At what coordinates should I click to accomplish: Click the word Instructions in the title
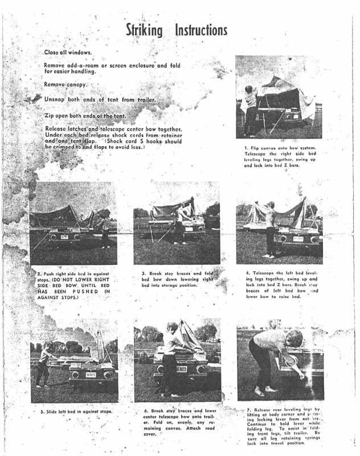pos(201,30)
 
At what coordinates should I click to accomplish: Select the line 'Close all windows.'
pos(68,52)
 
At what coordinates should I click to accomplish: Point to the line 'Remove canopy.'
pos(65,84)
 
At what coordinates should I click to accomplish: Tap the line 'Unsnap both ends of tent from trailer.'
pos(100,99)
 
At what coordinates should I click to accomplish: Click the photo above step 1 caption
pos(279,97)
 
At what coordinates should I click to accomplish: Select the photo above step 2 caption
pos(73,223)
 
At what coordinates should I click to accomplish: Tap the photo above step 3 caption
pos(177,223)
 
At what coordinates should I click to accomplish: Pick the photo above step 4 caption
pos(279,223)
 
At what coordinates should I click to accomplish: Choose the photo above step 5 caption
pos(74,360)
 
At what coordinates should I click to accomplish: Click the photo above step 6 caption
pos(177,360)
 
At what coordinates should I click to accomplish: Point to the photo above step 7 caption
pos(279,361)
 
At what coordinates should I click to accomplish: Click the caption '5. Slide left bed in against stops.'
pos(76,411)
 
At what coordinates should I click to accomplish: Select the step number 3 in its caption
pos(143,274)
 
